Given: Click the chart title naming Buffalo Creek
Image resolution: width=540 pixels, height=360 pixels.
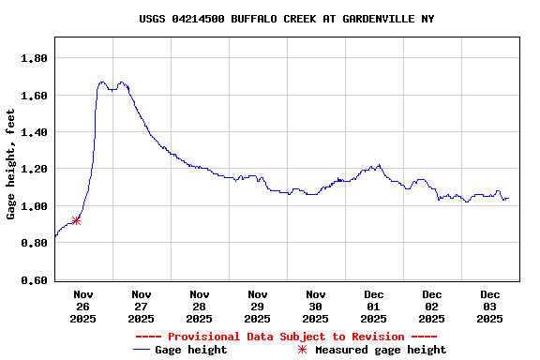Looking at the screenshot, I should pyautogui.click(x=287, y=19).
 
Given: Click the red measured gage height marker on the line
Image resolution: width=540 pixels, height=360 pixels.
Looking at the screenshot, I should pyautogui.click(x=76, y=220).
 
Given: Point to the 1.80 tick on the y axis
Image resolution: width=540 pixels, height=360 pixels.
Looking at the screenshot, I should pyautogui.click(x=35, y=58).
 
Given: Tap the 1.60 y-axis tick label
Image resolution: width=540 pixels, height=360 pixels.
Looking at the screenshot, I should pyautogui.click(x=35, y=96).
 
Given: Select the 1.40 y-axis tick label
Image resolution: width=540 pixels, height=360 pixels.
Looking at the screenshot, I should pyautogui.click(x=35, y=132).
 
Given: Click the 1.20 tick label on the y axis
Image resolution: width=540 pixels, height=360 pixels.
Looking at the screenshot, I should pyautogui.click(x=35, y=170).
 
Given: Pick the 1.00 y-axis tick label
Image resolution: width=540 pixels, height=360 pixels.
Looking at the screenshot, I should pyautogui.click(x=35, y=206).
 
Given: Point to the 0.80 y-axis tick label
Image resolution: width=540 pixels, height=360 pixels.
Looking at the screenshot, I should pyautogui.click(x=35, y=244).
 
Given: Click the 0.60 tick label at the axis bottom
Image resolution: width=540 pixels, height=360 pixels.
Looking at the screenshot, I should pyautogui.click(x=35, y=280).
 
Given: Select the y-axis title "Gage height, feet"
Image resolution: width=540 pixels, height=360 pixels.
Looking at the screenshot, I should pyautogui.click(x=11, y=165).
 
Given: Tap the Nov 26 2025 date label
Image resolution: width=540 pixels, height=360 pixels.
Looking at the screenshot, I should pyautogui.click(x=83, y=306).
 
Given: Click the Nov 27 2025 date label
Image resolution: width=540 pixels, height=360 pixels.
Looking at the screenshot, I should pyautogui.click(x=142, y=306).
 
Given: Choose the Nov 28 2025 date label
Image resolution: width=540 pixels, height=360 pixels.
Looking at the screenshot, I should pyautogui.click(x=200, y=306).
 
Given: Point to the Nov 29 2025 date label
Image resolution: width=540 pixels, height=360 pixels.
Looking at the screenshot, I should pyautogui.click(x=258, y=306).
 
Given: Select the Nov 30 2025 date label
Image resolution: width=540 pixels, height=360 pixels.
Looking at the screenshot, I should pyautogui.click(x=316, y=306).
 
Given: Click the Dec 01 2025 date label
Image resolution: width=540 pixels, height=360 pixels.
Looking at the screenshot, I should pyautogui.click(x=374, y=306).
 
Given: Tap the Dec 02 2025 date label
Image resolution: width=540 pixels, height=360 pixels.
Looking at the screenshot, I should pyautogui.click(x=432, y=306).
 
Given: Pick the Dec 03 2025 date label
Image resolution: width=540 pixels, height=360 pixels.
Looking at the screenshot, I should pyautogui.click(x=490, y=306).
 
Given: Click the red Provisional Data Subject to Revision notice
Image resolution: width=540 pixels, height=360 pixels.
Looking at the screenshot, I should pyautogui.click(x=286, y=337).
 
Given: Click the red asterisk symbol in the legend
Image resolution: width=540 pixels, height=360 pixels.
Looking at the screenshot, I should pyautogui.click(x=302, y=350).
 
